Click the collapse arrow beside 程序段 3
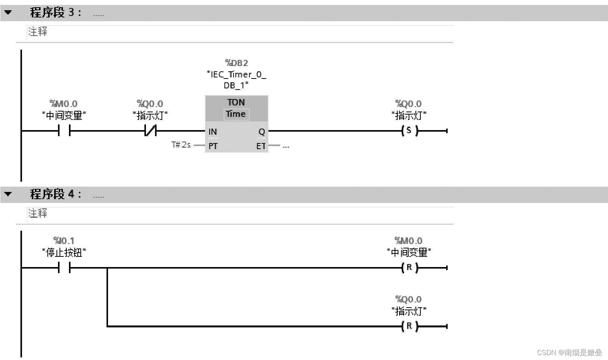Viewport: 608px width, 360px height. click(8, 13)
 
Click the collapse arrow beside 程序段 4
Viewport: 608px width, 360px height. click(8, 194)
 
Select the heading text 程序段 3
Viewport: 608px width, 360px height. click(55, 13)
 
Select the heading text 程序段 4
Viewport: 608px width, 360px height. click(55, 194)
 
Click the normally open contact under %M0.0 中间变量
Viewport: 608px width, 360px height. click(64, 131)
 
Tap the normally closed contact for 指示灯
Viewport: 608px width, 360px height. click(150, 131)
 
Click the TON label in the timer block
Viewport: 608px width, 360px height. click(236, 102)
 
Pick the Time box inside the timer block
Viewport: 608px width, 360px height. click(236, 114)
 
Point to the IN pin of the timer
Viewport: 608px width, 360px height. click(212, 132)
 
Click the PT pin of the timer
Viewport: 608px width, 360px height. click(213, 146)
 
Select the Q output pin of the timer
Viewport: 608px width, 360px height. click(262, 132)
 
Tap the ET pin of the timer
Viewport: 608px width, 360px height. click(261, 146)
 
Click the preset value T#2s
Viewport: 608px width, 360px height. click(181, 145)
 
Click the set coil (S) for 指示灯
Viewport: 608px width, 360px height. click(409, 131)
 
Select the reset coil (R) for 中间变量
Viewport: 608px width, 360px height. click(409, 268)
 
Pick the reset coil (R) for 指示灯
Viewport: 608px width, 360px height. click(409, 326)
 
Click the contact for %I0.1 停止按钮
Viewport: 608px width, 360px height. click(64, 268)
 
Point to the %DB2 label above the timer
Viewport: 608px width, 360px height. click(237, 63)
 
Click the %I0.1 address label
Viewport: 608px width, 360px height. click(64, 241)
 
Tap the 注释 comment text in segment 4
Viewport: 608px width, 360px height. click(38, 213)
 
